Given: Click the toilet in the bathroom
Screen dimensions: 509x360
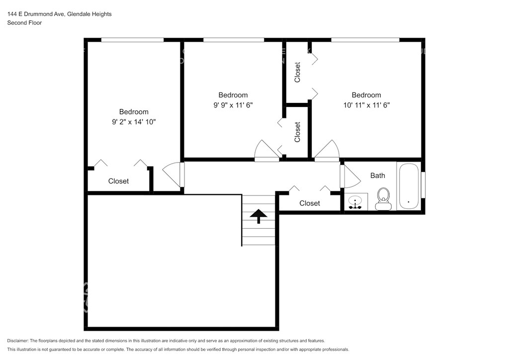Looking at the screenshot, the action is [x=383, y=199].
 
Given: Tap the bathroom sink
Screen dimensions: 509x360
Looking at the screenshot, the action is [x=356, y=202].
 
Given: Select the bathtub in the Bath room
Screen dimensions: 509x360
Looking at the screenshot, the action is [x=409, y=186].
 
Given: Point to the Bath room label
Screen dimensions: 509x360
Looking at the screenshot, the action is [x=378, y=176].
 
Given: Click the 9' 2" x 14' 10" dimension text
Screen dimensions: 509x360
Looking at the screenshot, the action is [x=134, y=122].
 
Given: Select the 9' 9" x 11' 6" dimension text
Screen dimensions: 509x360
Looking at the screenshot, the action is [x=233, y=105].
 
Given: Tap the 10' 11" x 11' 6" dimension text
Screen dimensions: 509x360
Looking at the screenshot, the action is [x=366, y=105].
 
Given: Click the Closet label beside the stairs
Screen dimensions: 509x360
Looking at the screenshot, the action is [x=310, y=203].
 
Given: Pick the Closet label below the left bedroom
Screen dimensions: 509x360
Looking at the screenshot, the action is [x=118, y=181].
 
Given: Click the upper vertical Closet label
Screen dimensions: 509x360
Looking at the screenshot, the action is [x=297, y=72].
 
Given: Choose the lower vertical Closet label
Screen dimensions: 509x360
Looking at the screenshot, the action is [x=297, y=132].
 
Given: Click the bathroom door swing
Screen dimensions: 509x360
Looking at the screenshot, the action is [x=350, y=176].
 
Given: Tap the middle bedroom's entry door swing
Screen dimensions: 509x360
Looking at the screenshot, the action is [x=267, y=151].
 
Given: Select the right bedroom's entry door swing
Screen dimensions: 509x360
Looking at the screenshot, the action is [x=327, y=151].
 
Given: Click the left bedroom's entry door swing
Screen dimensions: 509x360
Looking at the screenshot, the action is [x=173, y=175].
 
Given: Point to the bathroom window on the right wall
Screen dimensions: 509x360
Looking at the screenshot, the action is [x=424, y=184].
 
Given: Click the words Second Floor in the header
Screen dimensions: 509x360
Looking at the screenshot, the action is [x=25, y=23].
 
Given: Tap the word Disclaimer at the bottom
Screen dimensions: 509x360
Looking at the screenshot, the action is [x=18, y=341].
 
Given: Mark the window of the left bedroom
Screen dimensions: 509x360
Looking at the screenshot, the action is [x=132, y=40].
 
